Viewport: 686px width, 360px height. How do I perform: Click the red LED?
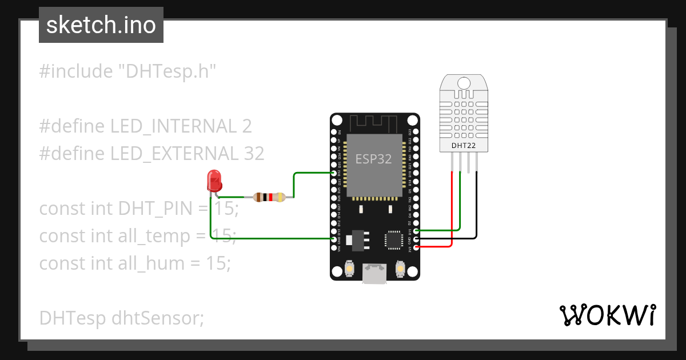214,181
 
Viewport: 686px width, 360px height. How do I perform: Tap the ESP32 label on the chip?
373,159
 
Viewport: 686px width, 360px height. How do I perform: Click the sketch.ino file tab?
101,25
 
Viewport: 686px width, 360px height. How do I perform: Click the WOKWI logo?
607,315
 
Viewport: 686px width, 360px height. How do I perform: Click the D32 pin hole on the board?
334,173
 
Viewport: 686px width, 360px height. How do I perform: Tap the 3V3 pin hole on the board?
415,247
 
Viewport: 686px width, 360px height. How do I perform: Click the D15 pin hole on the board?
415,230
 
